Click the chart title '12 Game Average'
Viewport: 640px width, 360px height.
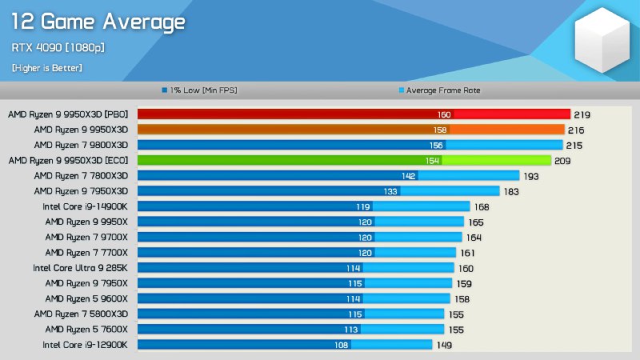click(98, 22)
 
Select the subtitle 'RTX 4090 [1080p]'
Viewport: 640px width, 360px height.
click(58, 48)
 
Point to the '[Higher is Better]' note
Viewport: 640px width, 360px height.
click(46, 68)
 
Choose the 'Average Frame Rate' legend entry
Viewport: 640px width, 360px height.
click(442, 90)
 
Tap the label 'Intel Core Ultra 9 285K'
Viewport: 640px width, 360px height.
click(80, 267)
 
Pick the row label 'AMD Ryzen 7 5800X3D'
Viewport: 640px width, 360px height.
click(86, 314)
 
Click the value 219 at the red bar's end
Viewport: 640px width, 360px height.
click(582, 114)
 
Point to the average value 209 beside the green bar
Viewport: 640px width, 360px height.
click(563, 160)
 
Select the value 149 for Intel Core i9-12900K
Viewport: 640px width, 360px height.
click(444, 345)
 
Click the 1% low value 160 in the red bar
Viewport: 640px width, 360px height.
click(444, 114)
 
